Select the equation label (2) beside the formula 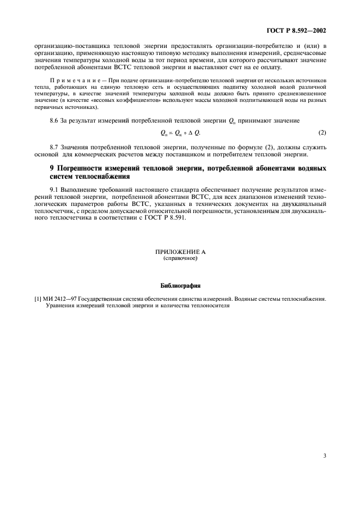[x=322, y=133]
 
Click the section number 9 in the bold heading [x=52, y=168]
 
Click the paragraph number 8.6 [x=54, y=119]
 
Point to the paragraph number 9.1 [x=54, y=187]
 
